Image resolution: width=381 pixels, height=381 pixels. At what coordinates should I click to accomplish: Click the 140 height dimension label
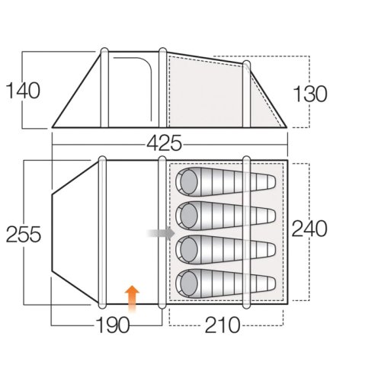coord(23,91)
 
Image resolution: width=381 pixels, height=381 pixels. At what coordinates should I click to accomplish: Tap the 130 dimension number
coord(310,94)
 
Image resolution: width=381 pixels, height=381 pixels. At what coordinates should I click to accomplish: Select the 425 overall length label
coord(165,142)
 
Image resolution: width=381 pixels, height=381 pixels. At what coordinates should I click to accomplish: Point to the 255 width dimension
coord(24,234)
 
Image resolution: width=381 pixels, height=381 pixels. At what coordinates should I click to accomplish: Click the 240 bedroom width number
coord(309,229)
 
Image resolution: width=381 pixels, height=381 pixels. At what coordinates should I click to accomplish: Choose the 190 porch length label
coord(113,325)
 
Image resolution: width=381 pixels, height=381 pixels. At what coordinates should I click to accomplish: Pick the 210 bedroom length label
coord(223,325)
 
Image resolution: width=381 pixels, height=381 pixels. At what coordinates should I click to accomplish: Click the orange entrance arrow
coord(132,299)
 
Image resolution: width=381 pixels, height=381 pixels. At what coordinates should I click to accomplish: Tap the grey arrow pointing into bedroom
coord(161,233)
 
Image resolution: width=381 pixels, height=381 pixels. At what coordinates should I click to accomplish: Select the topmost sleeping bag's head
coord(189,182)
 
